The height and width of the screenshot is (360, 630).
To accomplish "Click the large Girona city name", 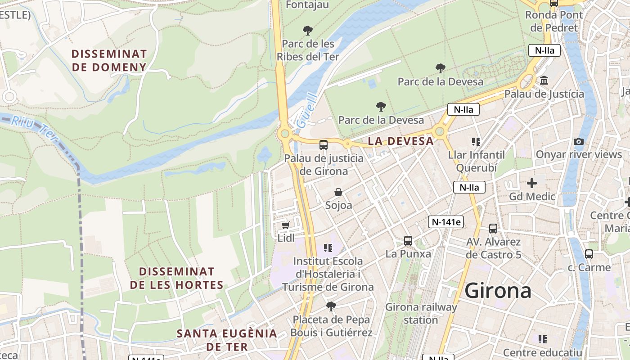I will [x=498, y=291].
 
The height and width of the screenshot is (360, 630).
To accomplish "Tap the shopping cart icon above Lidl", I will [x=285, y=225].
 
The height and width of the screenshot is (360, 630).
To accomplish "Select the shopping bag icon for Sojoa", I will [x=338, y=192].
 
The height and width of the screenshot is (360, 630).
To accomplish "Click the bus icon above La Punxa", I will [x=408, y=240].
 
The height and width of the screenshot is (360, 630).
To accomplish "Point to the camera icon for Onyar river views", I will [x=579, y=141].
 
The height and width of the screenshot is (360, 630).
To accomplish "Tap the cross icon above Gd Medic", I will [x=532, y=183].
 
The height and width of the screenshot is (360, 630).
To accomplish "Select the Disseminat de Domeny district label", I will [x=109, y=61].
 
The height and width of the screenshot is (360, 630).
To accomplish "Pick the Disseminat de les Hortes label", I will [x=176, y=278].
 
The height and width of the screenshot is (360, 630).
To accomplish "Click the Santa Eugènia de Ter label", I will [x=227, y=340].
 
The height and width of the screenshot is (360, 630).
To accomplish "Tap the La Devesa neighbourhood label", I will [x=400, y=141].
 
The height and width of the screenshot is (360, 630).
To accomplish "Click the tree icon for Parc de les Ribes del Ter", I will [x=308, y=31].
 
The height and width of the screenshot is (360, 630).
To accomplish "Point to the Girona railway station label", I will [x=421, y=313].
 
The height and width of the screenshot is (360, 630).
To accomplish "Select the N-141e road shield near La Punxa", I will [x=445, y=221].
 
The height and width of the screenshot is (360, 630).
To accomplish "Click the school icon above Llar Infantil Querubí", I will [x=476, y=142].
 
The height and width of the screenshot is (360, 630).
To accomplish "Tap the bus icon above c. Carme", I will [x=589, y=254].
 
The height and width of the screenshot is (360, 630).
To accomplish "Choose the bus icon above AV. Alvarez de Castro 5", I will [x=493, y=229].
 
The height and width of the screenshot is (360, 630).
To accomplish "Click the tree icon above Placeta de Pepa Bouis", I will [x=331, y=306].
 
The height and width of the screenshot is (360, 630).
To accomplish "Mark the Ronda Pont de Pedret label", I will [x=553, y=21].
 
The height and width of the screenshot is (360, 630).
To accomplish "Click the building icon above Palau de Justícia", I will [x=544, y=81].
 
